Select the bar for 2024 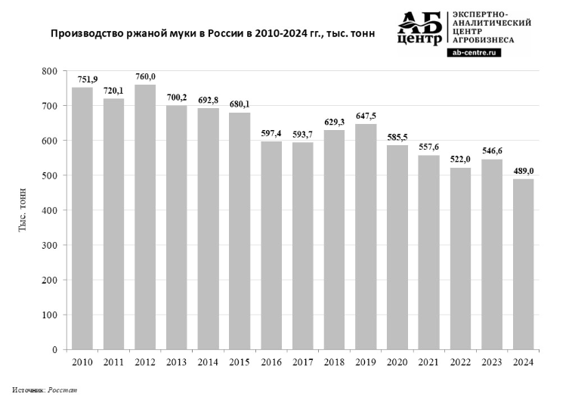523,264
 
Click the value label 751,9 82,79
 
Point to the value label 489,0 523,171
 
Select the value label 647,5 366,116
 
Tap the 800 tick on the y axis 50,71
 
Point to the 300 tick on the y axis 50,246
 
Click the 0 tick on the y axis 55,350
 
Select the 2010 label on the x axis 82,363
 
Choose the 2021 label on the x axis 428,363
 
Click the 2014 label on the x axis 209,363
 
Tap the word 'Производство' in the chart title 84,34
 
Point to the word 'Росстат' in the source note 62,389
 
